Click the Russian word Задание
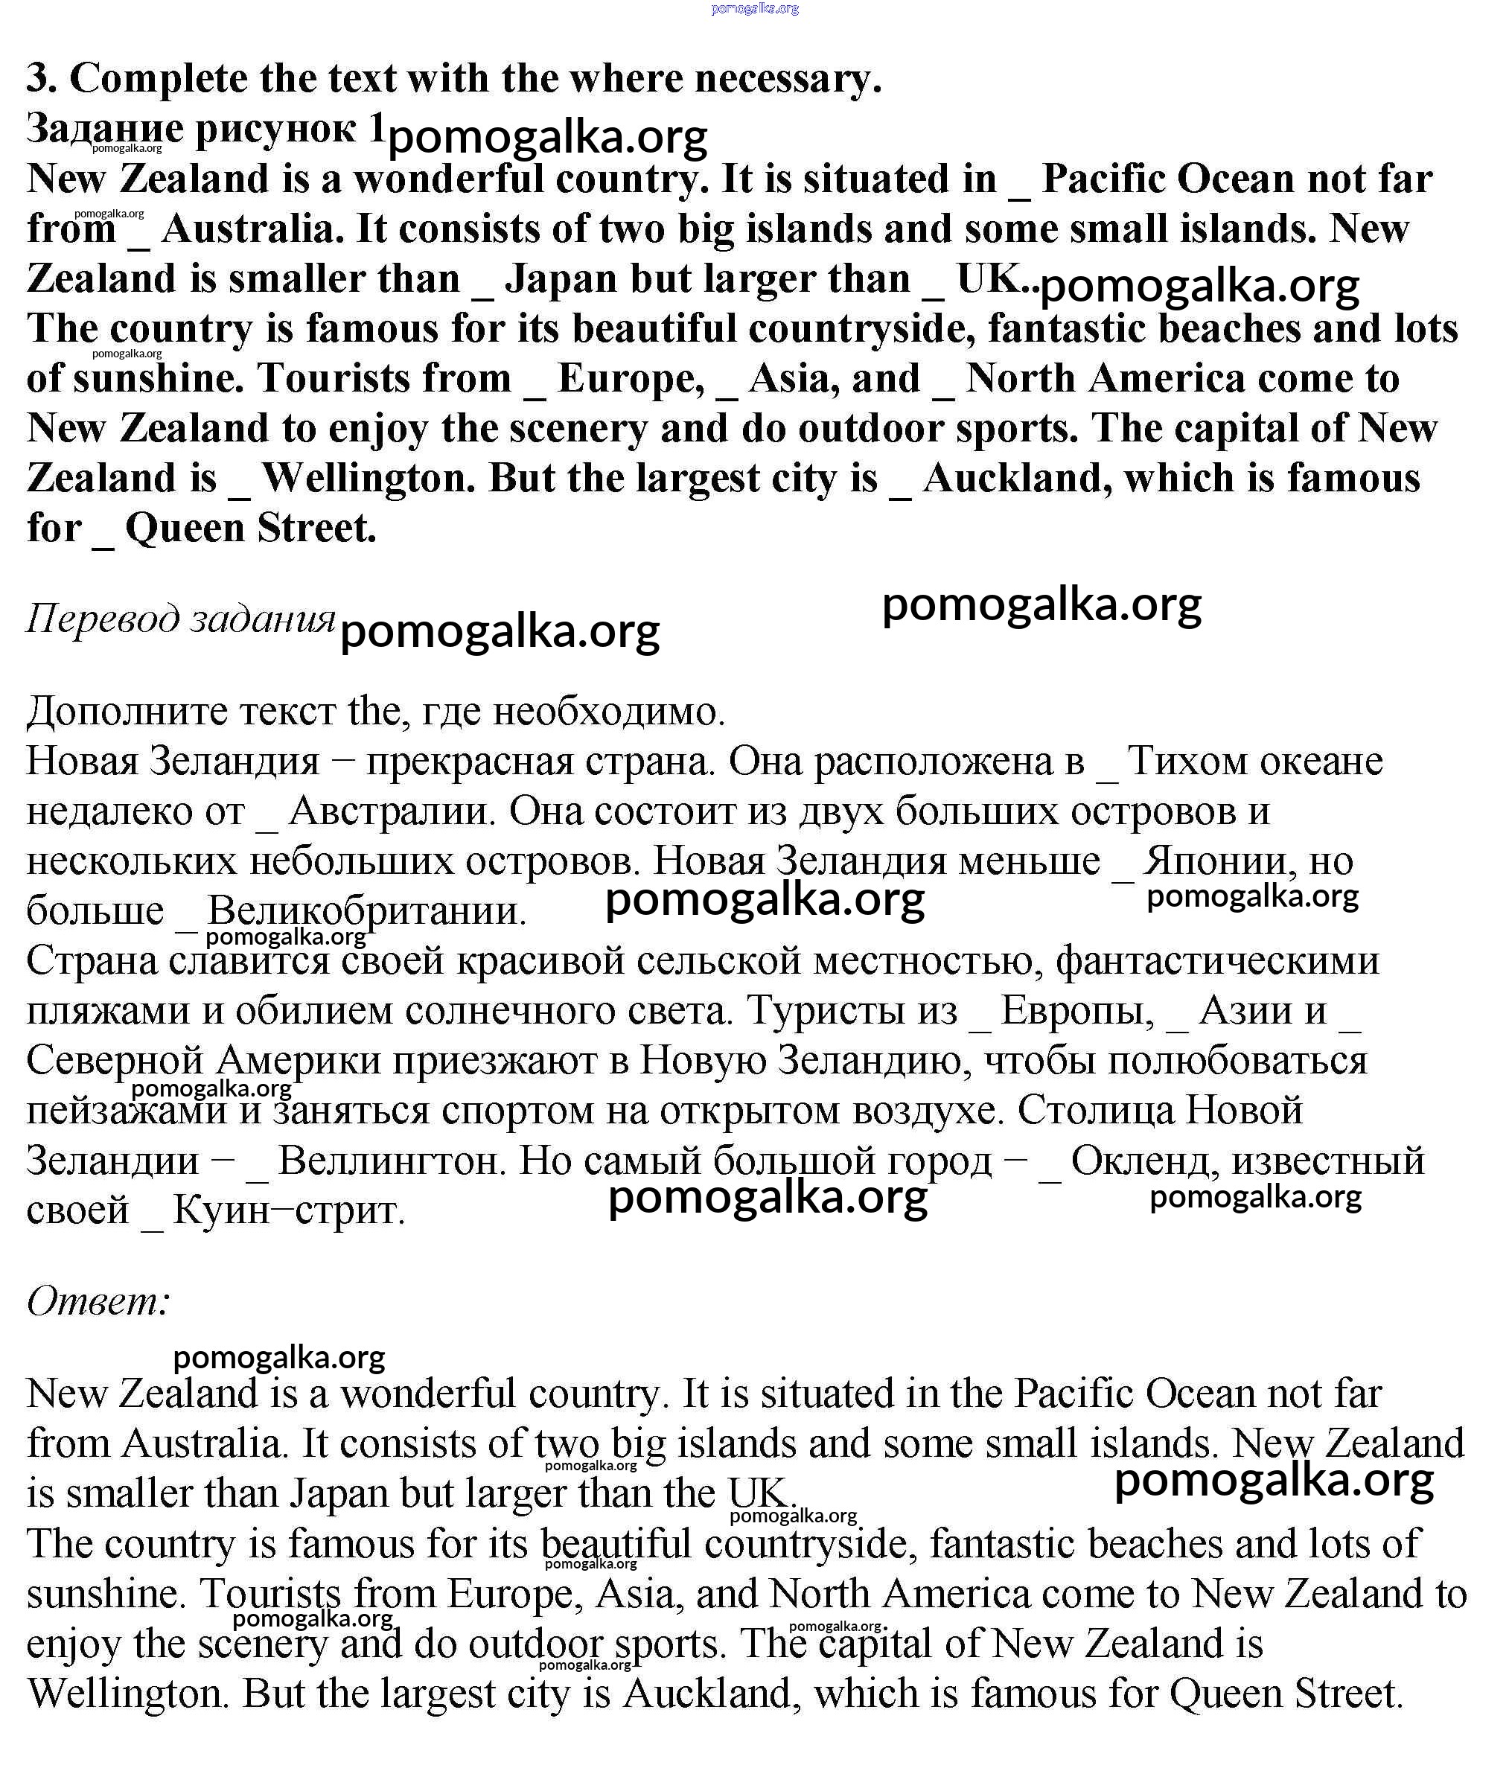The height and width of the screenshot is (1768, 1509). coord(104,130)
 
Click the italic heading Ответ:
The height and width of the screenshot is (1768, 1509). coord(99,1301)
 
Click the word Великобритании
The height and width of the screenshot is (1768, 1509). coord(367,911)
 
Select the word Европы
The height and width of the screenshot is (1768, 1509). coord(1076,1011)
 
